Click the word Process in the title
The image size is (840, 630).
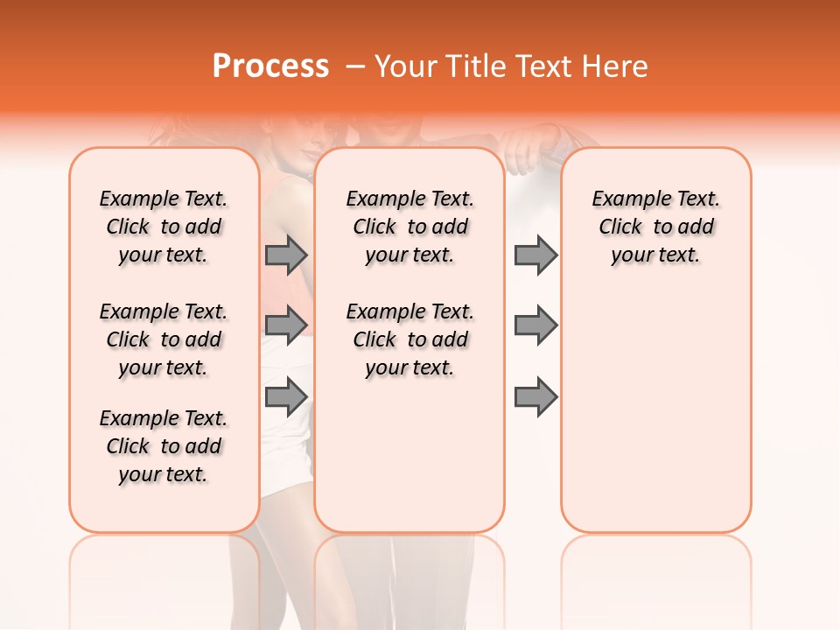click(x=270, y=66)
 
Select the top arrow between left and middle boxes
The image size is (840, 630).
click(x=286, y=255)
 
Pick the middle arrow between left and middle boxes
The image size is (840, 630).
click(x=286, y=325)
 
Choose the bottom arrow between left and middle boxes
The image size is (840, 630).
click(x=286, y=397)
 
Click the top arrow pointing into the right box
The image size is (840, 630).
click(x=535, y=255)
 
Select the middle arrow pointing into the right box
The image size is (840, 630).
click(x=535, y=325)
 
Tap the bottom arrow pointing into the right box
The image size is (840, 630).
click(x=535, y=397)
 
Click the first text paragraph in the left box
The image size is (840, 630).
click(x=164, y=227)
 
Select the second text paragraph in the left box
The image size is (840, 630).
click(x=164, y=339)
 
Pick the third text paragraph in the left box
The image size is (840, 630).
click(x=164, y=446)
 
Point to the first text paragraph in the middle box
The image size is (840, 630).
click(x=409, y=227)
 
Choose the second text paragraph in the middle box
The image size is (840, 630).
click(x=409, y=339)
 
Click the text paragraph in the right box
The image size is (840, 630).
click(x=655, y=227)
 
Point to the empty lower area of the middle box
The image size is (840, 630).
click(x=409, y=455)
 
